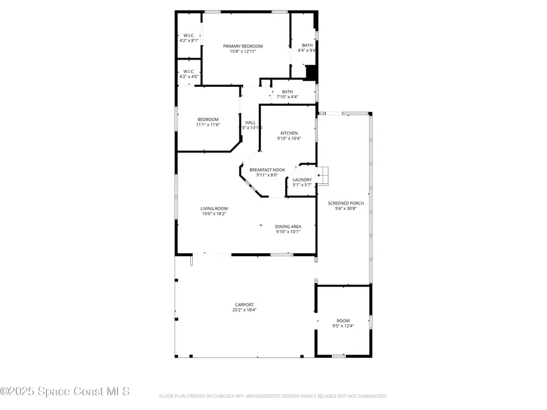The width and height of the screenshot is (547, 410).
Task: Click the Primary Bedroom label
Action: [x=243, y=46]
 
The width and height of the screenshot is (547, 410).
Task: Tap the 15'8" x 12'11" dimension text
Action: [x=243, y=52]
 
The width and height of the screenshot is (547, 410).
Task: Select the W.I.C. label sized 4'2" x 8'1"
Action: [x=188, y=35]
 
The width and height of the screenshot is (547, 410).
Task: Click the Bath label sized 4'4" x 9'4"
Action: [x=308, y=45]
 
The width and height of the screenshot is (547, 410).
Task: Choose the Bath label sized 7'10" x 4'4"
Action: [x=287, y=92]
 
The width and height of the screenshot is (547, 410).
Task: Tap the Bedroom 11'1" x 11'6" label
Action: [x=208, y=119]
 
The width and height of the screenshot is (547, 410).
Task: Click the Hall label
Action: [x=250, y=122]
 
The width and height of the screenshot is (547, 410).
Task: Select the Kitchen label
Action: [x=289, y=133]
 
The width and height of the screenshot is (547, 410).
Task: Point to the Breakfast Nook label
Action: [x=267, y=169]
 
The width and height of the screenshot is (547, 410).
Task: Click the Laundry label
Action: [x=302, y=180]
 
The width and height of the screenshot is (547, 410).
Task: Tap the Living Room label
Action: [x=214, y=208]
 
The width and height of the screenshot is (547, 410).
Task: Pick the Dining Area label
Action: [x=288, y=227]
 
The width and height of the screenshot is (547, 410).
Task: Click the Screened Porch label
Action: [x=345, y=203]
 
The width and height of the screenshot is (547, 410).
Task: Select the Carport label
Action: [x=244, y=304]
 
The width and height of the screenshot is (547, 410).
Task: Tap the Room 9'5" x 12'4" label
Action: [x=343, y=321]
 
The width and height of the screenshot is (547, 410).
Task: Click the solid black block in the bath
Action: [x=311, y=73]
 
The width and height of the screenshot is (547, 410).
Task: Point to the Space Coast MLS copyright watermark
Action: [x=65, y=392]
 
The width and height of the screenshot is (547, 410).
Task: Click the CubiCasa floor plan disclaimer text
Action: [x=273, y=396]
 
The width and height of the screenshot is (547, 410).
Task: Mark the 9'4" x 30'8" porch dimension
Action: [x=345, y=208]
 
